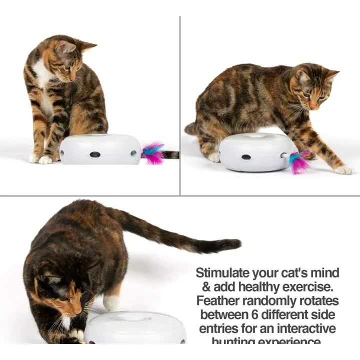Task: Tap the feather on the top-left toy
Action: [x=153, y=153]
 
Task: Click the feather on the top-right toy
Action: [x=299, y=162]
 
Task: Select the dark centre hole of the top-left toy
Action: [x=94, y=154]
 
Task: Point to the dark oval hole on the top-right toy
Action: [x=246, y=157]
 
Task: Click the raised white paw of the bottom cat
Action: [x=111, y=302]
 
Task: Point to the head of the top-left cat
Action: [x=70, y=59]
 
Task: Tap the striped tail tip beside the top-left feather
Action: [x=171, y=155]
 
